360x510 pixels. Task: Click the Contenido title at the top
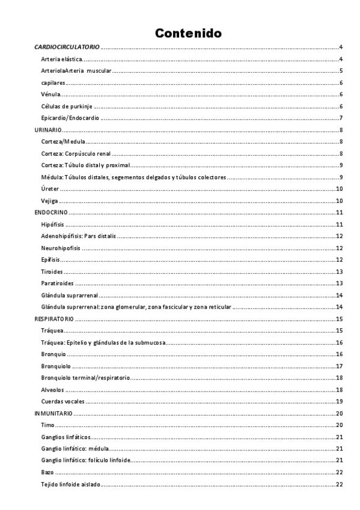pyautogui.click(x=188, y=32)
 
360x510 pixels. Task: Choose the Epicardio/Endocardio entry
pyautogui.click(x=70, y=118)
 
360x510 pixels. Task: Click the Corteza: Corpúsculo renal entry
pyautogui.click(x=76, y=153)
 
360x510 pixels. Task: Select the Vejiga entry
pyautogui.click(x=49, y=200)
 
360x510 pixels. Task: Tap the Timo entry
pyautogui.click(x=47, y=425)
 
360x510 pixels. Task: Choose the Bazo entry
pyautogui.click(x=47, y=472)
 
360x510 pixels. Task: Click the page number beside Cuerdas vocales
pyautogui.click(x=339, y=401)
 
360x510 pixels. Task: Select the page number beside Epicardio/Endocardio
pyautogui.click(x=341, y=118)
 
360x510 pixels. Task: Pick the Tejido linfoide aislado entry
pyautogui.click(x=71, y=484)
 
